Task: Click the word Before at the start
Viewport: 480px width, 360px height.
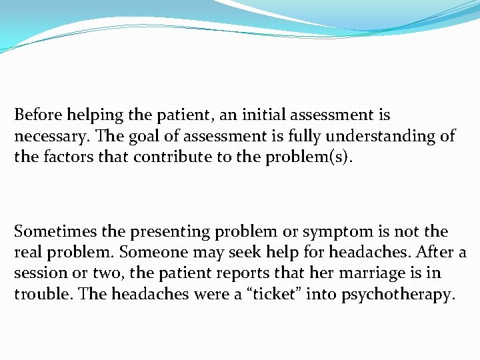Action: (x=38, y=115)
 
